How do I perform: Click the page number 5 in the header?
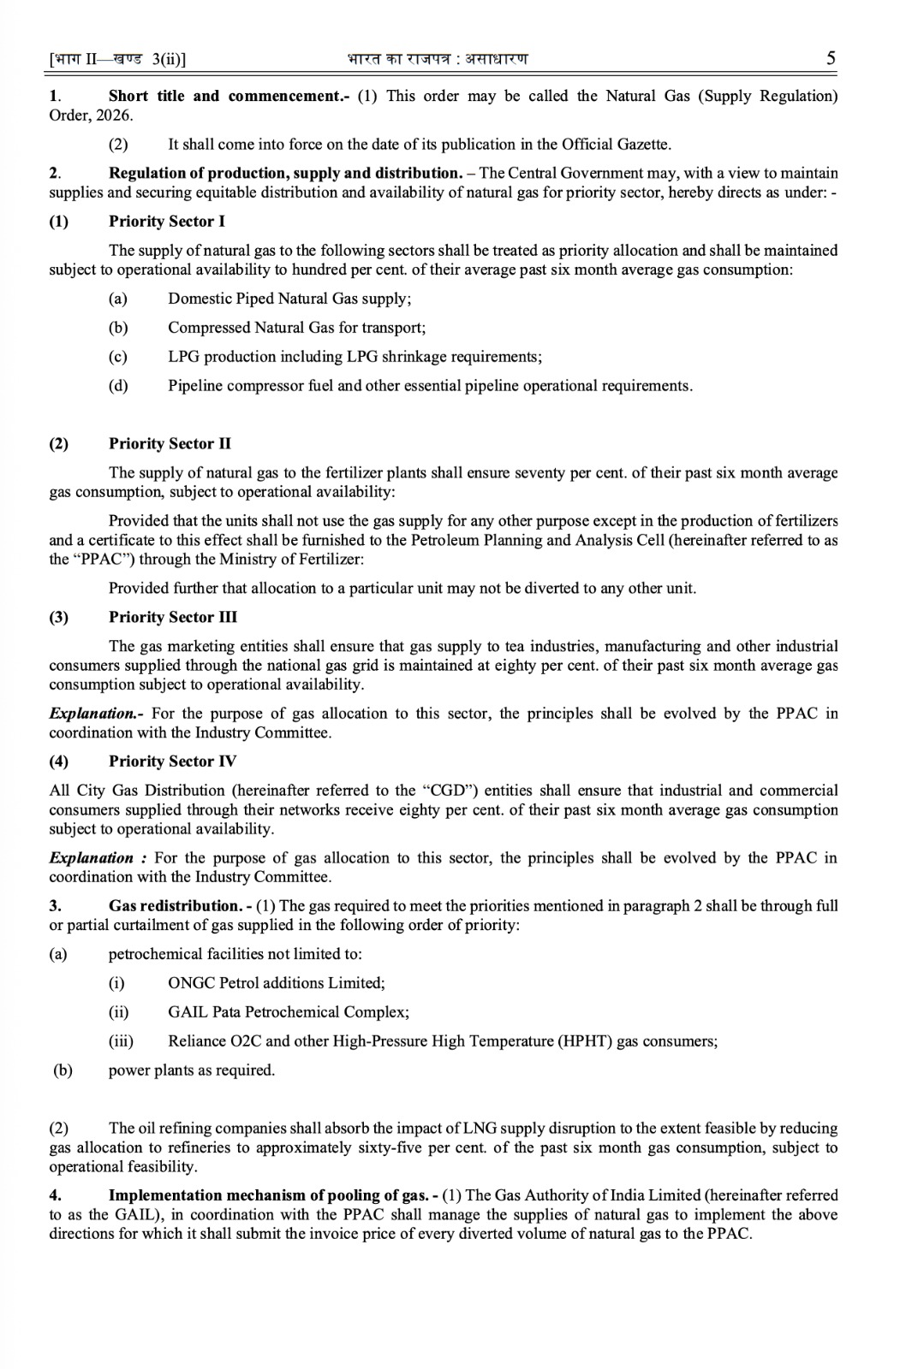coord(831,58)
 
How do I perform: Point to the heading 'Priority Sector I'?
coord(167,222)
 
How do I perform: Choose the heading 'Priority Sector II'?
coord(170,443)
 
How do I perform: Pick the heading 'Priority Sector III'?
coord(173,617)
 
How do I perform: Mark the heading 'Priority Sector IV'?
coord(172,762)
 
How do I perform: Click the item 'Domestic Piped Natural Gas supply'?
coord(289,299)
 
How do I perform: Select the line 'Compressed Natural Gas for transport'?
coord(296,328)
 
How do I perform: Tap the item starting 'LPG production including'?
coord(355,357)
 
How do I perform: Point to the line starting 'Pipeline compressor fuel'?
coord(430,386)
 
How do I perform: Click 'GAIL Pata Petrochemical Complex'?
coord(288,1012)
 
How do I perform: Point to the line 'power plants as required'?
coord(192,1070)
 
